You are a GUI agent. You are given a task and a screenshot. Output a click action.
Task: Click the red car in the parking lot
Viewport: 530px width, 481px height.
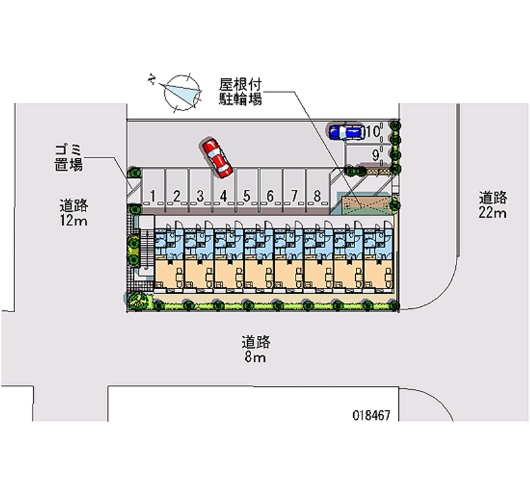tap(217, 157)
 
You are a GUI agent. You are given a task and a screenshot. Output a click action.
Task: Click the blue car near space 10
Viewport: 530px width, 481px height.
tap(345, 131)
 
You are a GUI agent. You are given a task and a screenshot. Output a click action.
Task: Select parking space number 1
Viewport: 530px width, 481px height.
tap(153, 195)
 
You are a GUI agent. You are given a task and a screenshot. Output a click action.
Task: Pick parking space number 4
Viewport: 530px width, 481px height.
tap(224, 195)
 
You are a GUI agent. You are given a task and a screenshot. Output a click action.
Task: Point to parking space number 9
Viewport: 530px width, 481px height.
tap(376, 155)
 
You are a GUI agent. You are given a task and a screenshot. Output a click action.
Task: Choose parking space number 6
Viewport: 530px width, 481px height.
tap(270, 195)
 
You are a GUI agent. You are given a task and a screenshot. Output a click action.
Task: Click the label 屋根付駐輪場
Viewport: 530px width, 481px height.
tap(240, 92)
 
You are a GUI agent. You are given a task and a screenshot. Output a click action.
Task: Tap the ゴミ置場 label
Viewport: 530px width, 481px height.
tap(69, 158)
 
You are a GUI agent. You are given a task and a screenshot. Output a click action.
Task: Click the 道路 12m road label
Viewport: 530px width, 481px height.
tap(74, 212)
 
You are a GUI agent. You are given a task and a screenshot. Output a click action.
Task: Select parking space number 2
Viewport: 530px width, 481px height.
tap(177, 195)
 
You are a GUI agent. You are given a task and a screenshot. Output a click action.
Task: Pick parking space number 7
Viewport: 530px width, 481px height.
tap(293, 195)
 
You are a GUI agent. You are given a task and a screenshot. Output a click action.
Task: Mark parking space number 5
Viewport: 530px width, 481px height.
tap(246, 195)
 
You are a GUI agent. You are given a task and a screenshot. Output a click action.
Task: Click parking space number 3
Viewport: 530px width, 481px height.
tap(200, 195)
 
